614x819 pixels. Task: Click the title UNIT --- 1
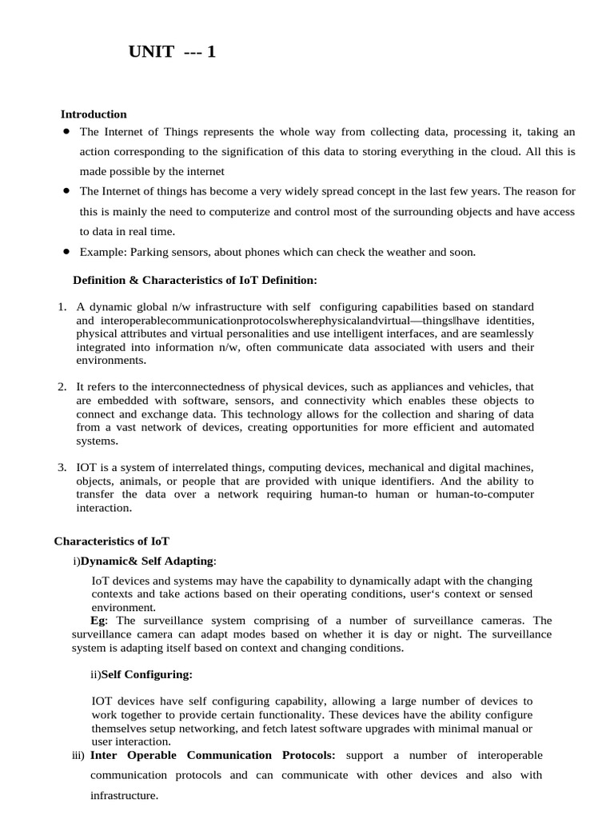pos(172,53)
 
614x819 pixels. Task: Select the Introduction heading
pos(94,114)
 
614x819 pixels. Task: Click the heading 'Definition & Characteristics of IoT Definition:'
pos(195,280)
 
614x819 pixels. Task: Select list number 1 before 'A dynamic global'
pos(62,307)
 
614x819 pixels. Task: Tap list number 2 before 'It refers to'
pos(62,387)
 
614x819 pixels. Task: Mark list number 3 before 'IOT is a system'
pos(62,467)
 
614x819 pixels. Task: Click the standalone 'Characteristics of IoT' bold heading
pos(112,541)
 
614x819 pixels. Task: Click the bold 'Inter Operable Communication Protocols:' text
pos(213,755)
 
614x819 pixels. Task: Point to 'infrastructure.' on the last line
pos(124,796)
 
